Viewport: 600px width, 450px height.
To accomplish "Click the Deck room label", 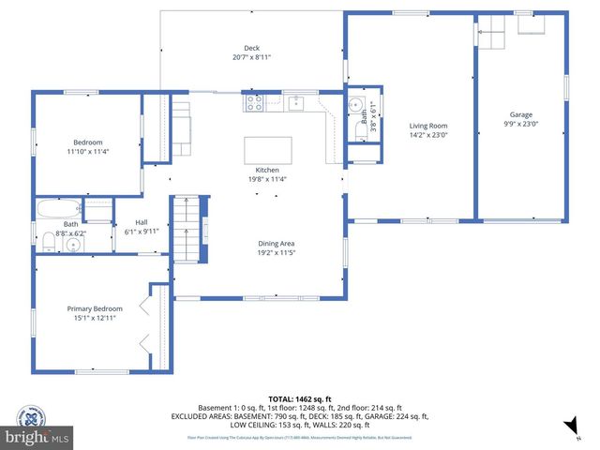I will click(x=251, y=48).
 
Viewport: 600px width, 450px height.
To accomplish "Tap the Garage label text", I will click(x=520, y=115).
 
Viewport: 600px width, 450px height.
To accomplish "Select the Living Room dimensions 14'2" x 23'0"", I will click(x=427, y=135).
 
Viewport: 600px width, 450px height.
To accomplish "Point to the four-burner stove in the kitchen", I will click(x=253, y=102).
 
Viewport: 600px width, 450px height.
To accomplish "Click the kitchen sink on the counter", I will click(x=296, y=102).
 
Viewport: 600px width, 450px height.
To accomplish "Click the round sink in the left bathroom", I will click(x=73, y=245).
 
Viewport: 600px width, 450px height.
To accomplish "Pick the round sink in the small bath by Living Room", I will click(x=355, y=106).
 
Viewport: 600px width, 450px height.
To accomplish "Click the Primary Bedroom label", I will click(x=94, y=308).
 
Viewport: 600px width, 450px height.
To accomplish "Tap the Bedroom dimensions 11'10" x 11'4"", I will click(x=88, y=151).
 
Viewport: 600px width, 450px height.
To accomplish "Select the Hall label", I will click(x=142, y=222).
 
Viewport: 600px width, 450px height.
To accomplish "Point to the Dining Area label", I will click(x=277, y=244).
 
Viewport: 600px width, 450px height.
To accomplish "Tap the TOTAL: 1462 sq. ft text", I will click(x=299, y=399).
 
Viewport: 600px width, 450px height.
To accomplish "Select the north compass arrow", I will click(x=568, y=427).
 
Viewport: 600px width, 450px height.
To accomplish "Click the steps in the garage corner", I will click(x=494, y=35).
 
